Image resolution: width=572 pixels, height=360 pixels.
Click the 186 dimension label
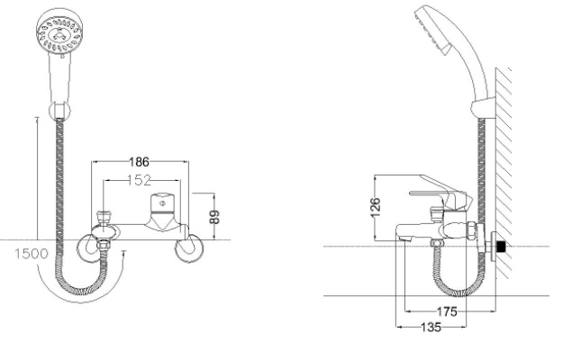[x=139, y=161]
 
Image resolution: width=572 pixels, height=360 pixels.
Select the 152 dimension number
[x=139, y=180]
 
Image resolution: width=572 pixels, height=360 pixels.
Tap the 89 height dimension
[x=215, y=217]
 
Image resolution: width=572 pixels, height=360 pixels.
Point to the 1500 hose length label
[x=32, y=254]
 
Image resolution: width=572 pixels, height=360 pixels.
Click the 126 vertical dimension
[x=375, y=208]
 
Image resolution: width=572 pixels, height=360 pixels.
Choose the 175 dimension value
[x=447, y=311]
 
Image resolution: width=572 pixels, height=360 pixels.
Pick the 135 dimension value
[x=431, y=328]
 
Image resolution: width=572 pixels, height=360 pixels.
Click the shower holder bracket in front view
[x=59, y=111]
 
